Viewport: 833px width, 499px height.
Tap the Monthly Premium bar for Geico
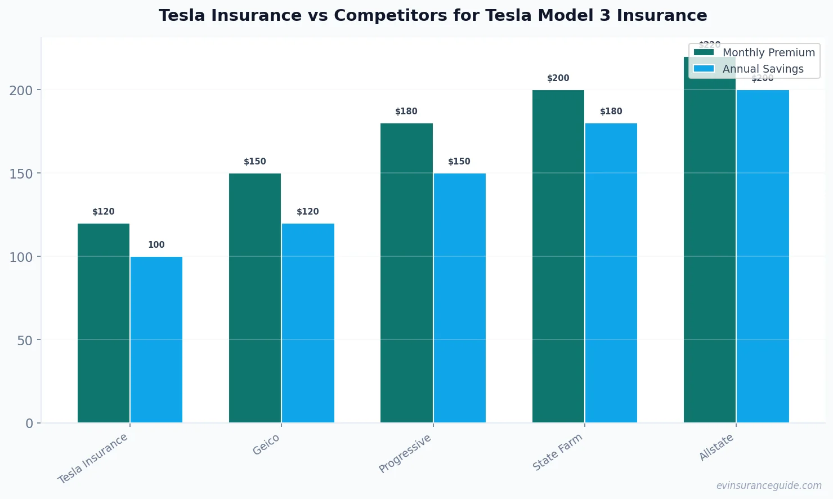[x=255, y=298]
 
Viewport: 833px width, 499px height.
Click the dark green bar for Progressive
[x=406, y=273]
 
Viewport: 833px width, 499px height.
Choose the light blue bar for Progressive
[x=459, y=298]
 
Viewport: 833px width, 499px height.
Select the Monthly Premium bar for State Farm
[x=558, y=256]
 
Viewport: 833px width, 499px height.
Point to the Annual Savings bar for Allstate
[x=763, y=256]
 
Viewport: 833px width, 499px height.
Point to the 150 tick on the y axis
[x=21, y=173]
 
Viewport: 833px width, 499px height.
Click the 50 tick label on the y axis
[x=25, y=340]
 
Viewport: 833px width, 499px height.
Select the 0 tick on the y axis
[x=29, y=424]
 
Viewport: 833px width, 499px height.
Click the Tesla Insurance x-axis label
[x=93, y=458]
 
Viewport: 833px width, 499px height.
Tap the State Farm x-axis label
[x=557, y=452]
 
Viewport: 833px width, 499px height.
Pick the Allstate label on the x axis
[x=716, y=447]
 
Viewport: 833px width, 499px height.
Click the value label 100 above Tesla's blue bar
[x=156, y=245]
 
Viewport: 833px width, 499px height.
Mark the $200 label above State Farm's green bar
[x=558, y=78]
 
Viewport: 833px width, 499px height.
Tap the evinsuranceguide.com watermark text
[x=769, y=485]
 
